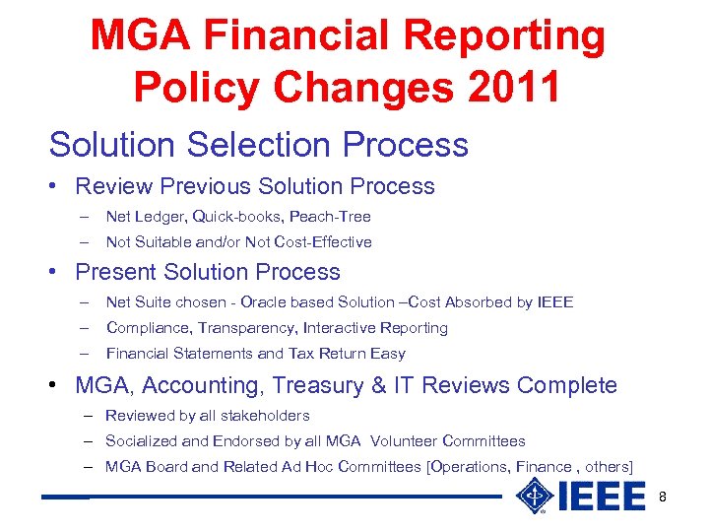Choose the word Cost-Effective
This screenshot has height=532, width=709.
pyautogui.click(x=321, y=241)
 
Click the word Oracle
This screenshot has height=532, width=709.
pyautogui.click(x=263, y=301)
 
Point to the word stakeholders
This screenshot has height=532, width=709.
pyautogui.click(x=262, y=416)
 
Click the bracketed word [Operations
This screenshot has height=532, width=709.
pyautogui.click(x=467, y=467)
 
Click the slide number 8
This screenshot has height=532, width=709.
pyautogui.click(x=663, y=497)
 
